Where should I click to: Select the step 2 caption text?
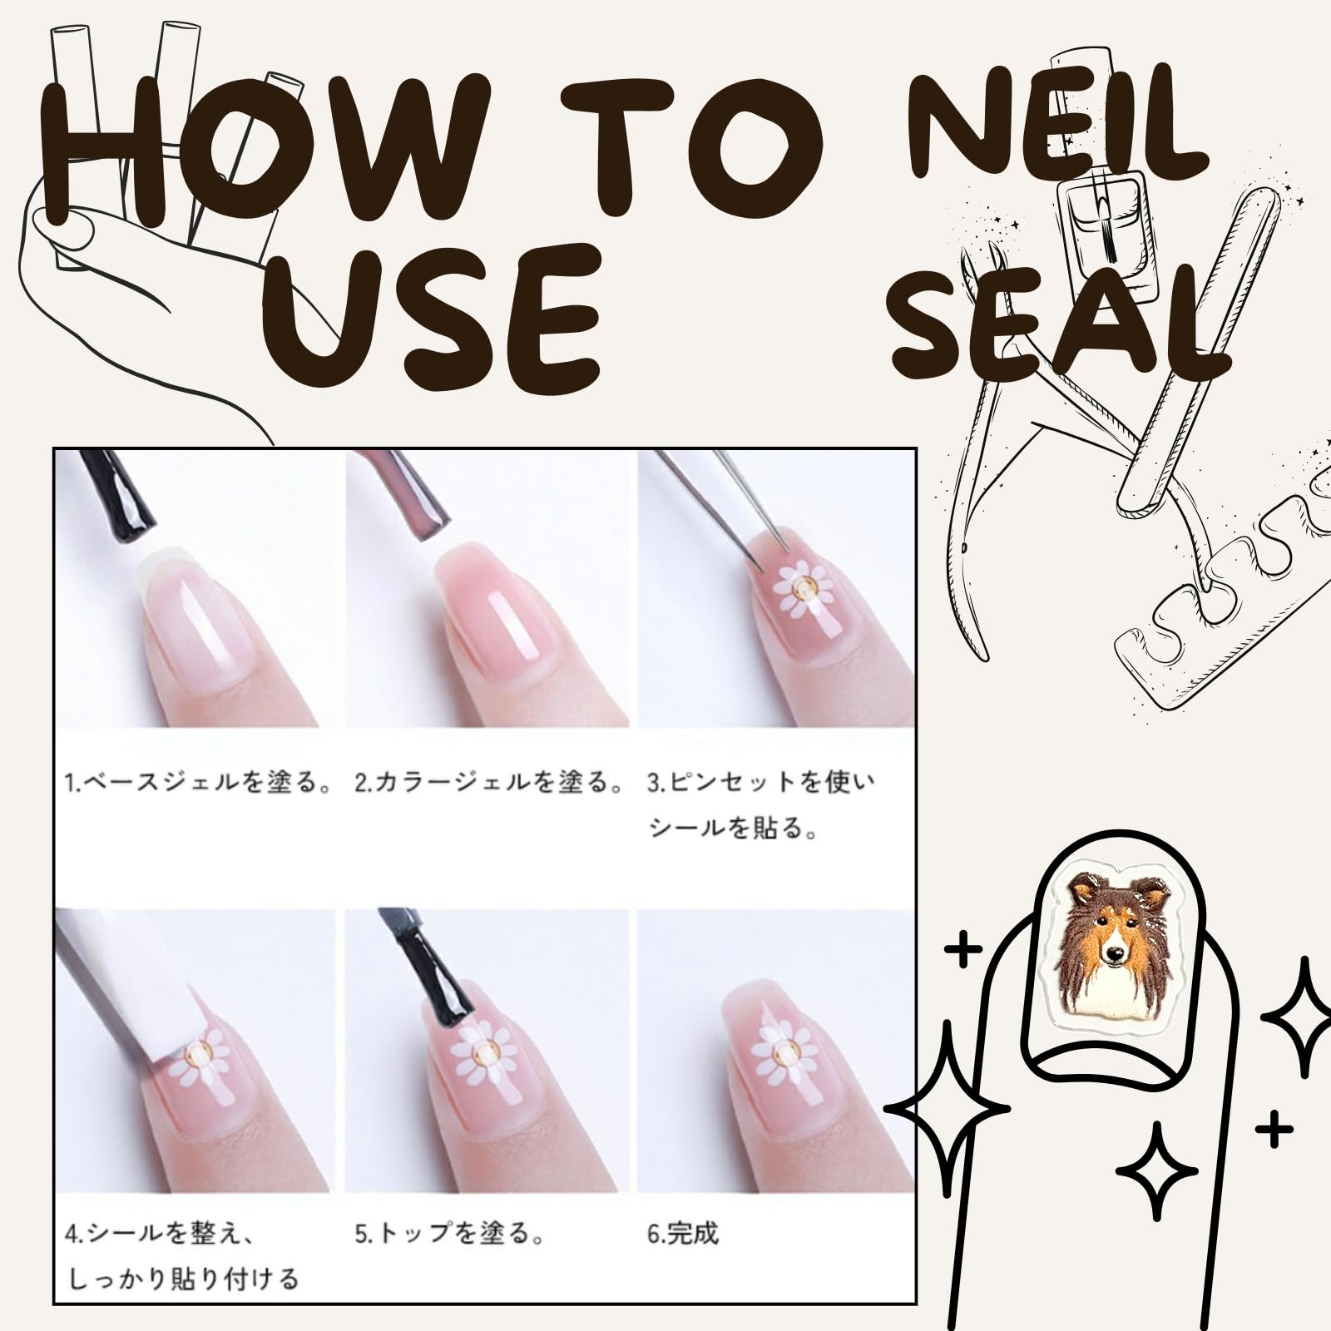(489, 783)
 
